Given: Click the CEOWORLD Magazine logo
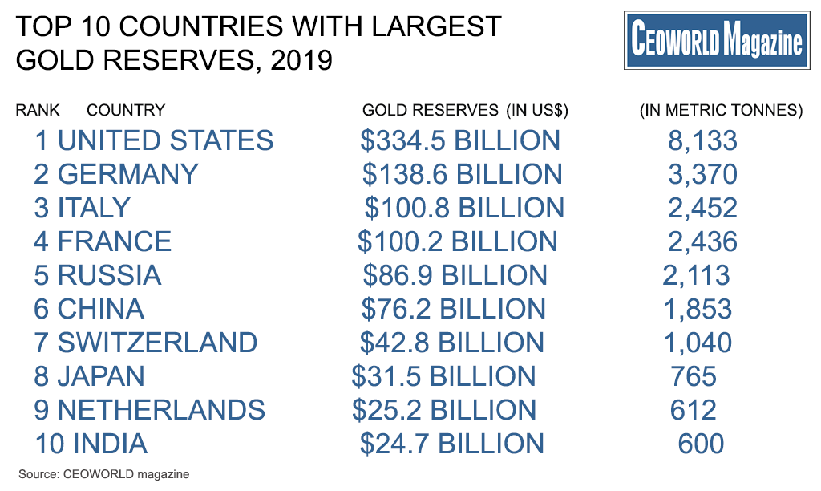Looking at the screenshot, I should point(716,40).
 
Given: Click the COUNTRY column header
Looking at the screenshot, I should point(126,110).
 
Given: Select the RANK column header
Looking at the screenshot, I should point(38,110).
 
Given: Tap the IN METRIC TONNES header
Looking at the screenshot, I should point(721,110).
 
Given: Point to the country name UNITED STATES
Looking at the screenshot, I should point(165,140).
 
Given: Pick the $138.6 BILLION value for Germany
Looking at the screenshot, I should point(462,174).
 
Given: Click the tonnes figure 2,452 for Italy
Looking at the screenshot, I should point(702,208).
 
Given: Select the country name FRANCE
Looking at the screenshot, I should point(115,241).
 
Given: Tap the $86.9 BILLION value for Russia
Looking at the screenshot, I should point(455,275).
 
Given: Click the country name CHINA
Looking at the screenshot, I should point(101,309).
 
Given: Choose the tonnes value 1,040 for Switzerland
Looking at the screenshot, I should point(698,343).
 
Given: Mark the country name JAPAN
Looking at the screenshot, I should point(101,376).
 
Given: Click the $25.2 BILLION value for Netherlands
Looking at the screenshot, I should point(444,410).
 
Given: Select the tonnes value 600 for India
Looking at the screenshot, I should point(701,444).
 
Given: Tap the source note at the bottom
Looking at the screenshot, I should point(103,474).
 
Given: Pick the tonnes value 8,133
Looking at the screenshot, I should point(702,140).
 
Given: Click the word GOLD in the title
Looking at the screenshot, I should point(49,60).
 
